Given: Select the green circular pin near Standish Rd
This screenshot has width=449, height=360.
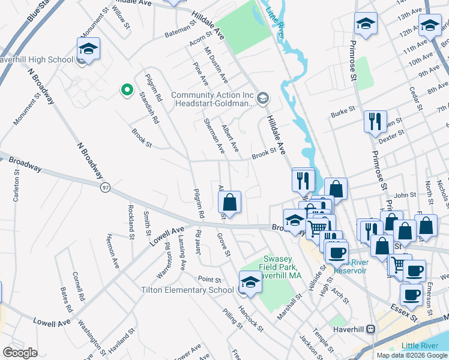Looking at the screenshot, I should (127, 90).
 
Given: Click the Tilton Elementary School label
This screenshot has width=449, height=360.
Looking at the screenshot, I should (187, 290).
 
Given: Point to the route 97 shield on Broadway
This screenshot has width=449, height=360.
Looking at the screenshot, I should (106, 188).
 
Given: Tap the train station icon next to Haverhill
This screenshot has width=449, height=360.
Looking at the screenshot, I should (371, 329).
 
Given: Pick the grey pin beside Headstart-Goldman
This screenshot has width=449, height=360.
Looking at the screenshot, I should (262, 98).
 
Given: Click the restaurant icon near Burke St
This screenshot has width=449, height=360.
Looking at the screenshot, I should (375, 122).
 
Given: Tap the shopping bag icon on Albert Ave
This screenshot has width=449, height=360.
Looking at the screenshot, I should (232, 202).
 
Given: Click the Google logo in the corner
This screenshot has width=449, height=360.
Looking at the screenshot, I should (20, 353).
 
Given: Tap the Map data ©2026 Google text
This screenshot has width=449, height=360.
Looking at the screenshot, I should (411, 355).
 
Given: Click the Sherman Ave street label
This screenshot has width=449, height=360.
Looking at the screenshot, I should (214, 135).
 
